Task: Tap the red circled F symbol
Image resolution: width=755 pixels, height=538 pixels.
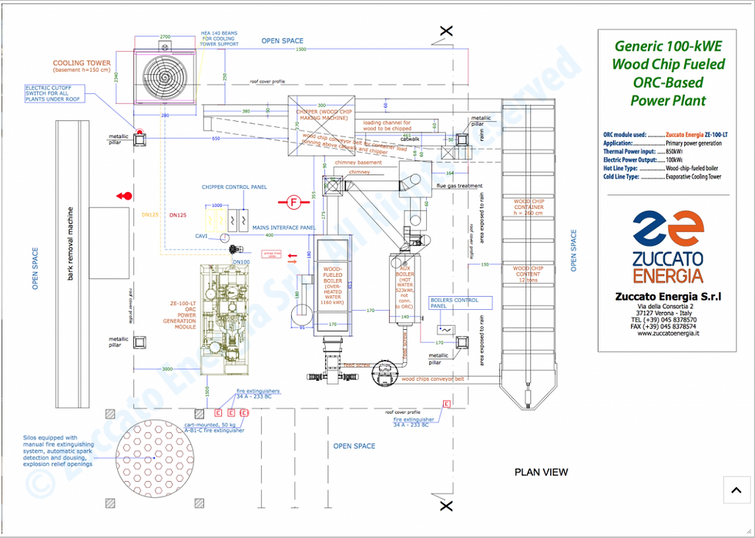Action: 292,203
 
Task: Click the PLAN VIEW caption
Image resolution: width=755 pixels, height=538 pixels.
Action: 541,472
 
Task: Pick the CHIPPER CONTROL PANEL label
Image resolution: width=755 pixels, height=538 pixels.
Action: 234,187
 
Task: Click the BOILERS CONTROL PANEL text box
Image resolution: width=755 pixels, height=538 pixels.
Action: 459,303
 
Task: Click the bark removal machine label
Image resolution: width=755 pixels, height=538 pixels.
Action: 70,243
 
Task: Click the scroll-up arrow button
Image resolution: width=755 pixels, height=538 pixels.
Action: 737,490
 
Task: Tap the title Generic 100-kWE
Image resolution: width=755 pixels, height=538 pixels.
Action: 668,46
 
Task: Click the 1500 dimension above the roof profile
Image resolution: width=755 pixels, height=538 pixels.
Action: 300,49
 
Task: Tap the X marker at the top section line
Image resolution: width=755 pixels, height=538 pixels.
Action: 445,32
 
